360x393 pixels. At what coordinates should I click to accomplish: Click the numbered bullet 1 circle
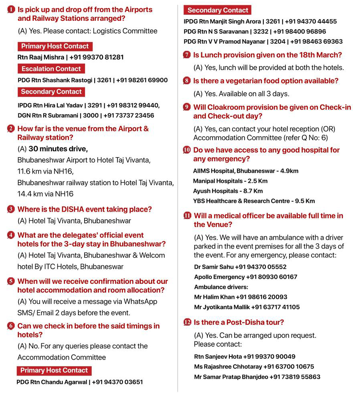tap(11, 9)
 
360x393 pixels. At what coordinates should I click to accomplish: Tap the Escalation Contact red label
tap(51, 69)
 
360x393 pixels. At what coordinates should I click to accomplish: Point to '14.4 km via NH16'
tap(46, 194)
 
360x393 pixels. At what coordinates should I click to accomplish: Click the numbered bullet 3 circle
tap(11, 209)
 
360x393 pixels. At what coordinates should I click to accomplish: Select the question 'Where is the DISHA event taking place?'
tap(85, 209)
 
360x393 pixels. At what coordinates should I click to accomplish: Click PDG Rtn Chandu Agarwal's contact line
tap(79, 382)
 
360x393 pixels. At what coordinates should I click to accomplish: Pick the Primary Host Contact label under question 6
tap(54, 371)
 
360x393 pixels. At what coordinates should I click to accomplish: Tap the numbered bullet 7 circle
tap(186, 55)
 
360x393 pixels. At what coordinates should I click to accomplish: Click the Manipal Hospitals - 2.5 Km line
tap(230, 181)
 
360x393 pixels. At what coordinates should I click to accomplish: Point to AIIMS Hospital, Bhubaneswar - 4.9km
tap(245, 171)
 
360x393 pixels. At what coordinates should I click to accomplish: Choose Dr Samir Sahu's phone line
tap(240, 267)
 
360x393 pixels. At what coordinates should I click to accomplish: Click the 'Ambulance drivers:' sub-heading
tap(221, 287)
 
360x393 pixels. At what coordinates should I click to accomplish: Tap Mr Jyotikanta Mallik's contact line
tap(247, 307)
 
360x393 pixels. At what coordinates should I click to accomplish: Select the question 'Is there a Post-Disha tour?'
tap(239, 322)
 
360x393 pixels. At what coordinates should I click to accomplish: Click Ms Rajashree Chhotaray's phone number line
tap(254, 367)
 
